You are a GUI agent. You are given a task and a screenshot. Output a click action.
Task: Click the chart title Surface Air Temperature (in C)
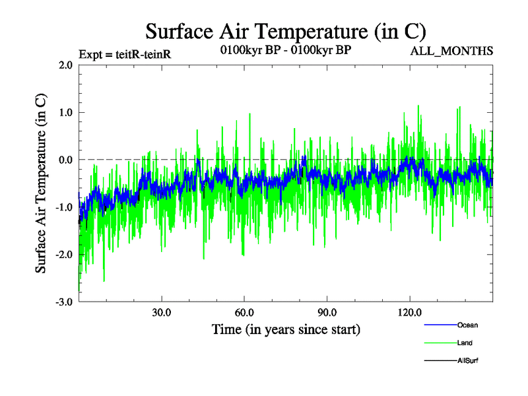(285, 31)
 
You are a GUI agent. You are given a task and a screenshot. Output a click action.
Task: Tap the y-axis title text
(41, 183)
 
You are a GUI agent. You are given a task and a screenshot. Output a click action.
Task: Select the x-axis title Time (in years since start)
(286, 329)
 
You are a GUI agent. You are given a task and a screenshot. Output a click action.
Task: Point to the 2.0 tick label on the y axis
(65, 65)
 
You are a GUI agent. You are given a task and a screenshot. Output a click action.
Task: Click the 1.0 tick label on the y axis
(65, 113)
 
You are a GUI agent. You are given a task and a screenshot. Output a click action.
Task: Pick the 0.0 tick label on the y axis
(65, 160)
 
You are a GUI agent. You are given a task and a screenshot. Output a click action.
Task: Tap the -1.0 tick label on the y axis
(63, 207)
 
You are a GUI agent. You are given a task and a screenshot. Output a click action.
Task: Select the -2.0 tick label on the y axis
(63, 255)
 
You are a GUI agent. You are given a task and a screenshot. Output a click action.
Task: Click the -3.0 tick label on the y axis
(63, 302)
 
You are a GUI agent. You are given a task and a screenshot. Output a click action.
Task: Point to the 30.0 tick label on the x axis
(162, 313)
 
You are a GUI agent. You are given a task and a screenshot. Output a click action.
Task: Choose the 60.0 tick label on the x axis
(244, 313)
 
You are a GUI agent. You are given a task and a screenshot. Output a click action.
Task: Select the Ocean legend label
(467, 325)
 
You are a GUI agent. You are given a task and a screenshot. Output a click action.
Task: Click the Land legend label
(465, 343)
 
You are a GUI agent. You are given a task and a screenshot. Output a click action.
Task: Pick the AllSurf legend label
(468, 360)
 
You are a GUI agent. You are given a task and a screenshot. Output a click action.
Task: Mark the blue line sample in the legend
(440, 325)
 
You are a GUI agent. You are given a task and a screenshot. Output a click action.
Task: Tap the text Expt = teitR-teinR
(125, 54)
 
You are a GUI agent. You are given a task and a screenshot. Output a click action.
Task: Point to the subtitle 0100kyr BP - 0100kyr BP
(285, 49)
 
